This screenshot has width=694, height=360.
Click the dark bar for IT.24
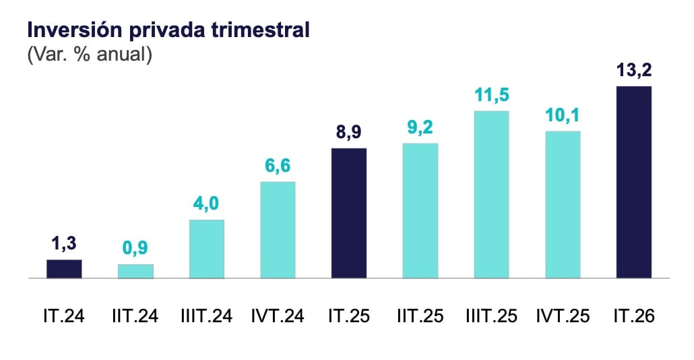pos(64,269)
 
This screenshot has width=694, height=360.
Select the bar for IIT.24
pos(135,272)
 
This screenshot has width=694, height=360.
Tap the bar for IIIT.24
pos(207,249)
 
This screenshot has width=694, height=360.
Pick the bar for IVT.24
pos(278,230)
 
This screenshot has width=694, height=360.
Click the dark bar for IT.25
pos(349,213)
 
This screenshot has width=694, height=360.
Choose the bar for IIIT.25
pos(491,194)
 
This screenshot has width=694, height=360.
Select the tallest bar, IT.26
pos(634,182)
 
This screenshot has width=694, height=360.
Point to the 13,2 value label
pos(634,70)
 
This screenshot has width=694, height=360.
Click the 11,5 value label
pos(492,95)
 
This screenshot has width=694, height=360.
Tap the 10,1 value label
pos(563,115)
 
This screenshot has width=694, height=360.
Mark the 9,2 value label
pos(420,127)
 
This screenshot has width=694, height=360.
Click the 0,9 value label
pos(135,248)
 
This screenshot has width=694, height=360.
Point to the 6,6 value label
pos(278,166)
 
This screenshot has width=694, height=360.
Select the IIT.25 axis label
pos(420,316)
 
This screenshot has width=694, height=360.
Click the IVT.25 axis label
pos(563,316)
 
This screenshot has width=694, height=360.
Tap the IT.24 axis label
pos(64,316)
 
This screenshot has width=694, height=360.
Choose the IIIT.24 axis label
pos(207,316)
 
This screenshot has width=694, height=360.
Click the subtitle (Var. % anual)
pos(90,54)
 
